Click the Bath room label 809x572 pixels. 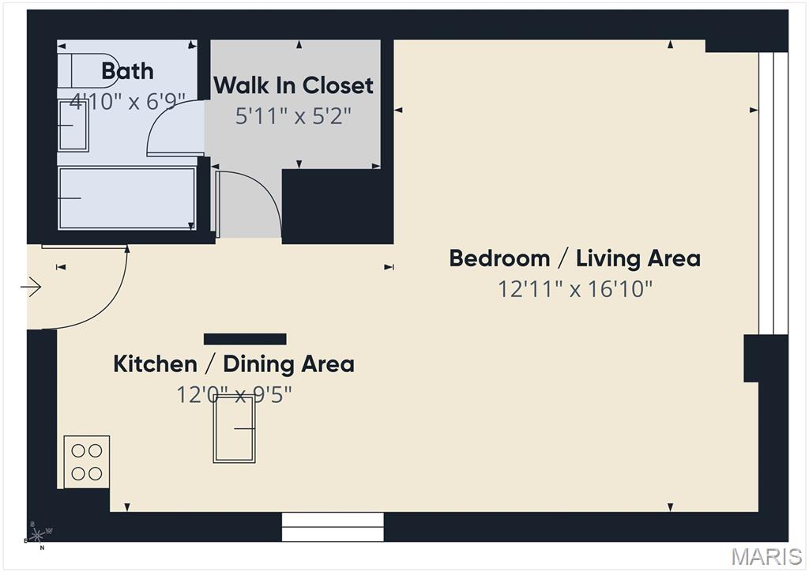click(127, 71)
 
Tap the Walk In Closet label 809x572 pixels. click(293, 85)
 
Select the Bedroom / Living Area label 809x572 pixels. click(574, 258)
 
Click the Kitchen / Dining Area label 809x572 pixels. click(234, 364)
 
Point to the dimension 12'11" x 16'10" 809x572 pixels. click(574, 289)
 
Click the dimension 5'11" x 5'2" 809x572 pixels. click(293, 116)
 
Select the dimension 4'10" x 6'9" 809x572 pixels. click(127, 101)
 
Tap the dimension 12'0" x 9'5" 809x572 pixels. click(234, 393)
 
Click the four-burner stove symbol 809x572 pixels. click(87, 461)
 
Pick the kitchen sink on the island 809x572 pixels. click(235, 428)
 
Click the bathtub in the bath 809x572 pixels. click(127, 198)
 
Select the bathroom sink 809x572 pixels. click(73, 125)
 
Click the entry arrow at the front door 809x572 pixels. click(32, 287)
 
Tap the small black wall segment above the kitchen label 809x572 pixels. click(245, 339)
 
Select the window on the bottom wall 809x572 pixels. click(333, 527)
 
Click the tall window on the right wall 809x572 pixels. click(773, 193)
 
